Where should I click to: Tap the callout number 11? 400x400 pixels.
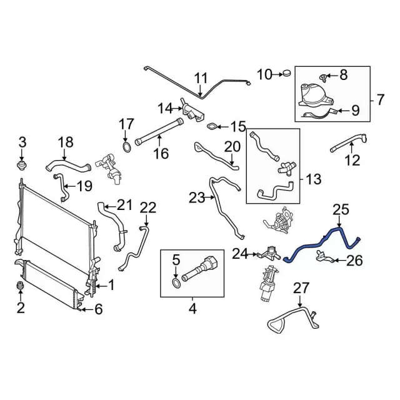201,78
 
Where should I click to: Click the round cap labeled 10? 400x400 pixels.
286,75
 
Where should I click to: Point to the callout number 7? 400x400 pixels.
381,99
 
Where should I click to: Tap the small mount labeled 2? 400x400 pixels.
22,286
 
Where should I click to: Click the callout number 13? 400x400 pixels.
314,180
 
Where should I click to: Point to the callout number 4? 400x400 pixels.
192,308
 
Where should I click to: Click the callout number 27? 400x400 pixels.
301,288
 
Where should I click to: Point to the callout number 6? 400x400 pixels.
97,308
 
